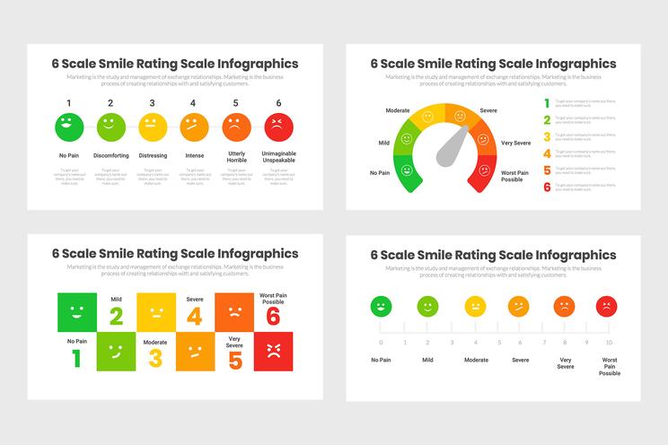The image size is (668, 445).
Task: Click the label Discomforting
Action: pos(110,155)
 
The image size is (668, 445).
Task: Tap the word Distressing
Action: pos(153,155)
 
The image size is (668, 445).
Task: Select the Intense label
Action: pos(194,155)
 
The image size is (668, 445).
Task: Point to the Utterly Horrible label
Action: pos(236,158)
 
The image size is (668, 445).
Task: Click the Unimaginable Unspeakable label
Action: pos(278,158)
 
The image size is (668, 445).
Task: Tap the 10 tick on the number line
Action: pos(610,342)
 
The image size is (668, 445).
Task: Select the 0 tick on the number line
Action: pos(381,342)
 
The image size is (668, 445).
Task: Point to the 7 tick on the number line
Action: pos(541,342)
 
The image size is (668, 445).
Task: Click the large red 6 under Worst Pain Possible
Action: pos(274,317)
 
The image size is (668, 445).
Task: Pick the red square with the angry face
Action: pos(274,351)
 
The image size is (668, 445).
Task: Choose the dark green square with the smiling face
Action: pos(76,312)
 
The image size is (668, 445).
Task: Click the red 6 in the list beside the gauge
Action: pos(547,187)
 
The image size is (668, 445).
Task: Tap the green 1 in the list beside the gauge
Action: pos(547,102)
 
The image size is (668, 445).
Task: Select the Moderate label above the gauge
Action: pos(398,110)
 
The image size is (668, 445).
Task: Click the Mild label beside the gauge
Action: pos(383,143)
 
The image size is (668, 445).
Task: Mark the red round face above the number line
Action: pos(607,307)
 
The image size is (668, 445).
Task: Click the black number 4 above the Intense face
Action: pos(194,103)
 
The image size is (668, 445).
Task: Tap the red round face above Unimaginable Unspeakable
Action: pos(278,127)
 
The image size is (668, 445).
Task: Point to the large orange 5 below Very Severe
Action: pos(235,361)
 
